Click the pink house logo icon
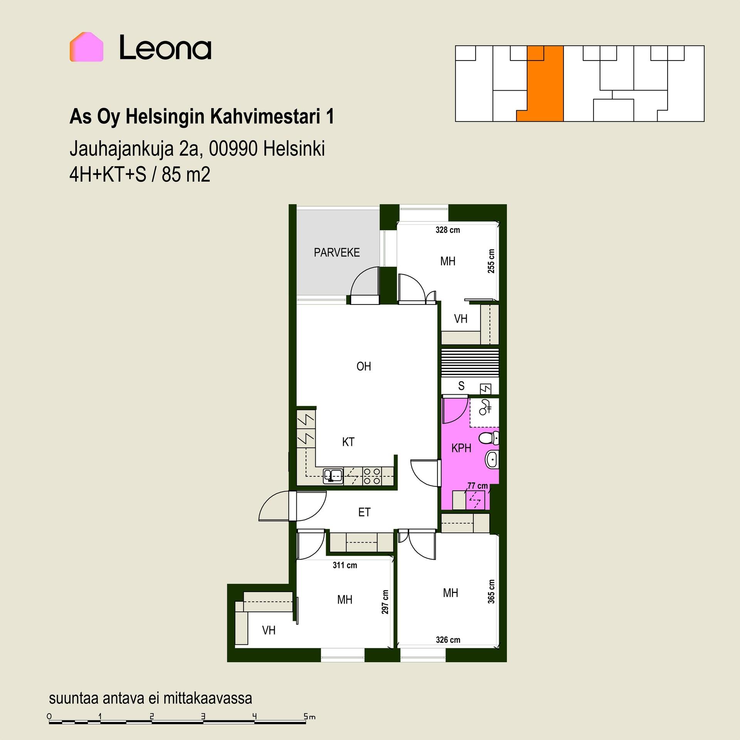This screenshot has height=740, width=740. [x=86, y=47]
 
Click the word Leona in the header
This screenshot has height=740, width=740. [x=165, y=47]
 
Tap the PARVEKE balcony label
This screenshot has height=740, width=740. [x=337, y=253]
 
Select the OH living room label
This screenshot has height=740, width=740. [x=364, y=366]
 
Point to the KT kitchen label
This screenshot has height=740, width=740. [x=348, y=442]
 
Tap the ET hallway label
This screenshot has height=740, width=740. [x=364, y=512]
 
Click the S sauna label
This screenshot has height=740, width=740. [x=461, y=386]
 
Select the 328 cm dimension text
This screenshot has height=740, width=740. [x=448, y=230]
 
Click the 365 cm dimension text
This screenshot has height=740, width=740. [x=491, y=592]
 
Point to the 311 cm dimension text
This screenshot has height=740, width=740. [x=345, y=565]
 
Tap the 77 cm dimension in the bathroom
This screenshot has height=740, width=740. [x=478, y=486]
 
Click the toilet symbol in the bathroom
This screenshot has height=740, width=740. [x=489, y=438]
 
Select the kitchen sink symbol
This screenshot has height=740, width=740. [x=333, y=476]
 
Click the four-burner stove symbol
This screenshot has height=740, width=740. [x=372, y=476]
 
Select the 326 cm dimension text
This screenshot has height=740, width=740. [x=448, y=640]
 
